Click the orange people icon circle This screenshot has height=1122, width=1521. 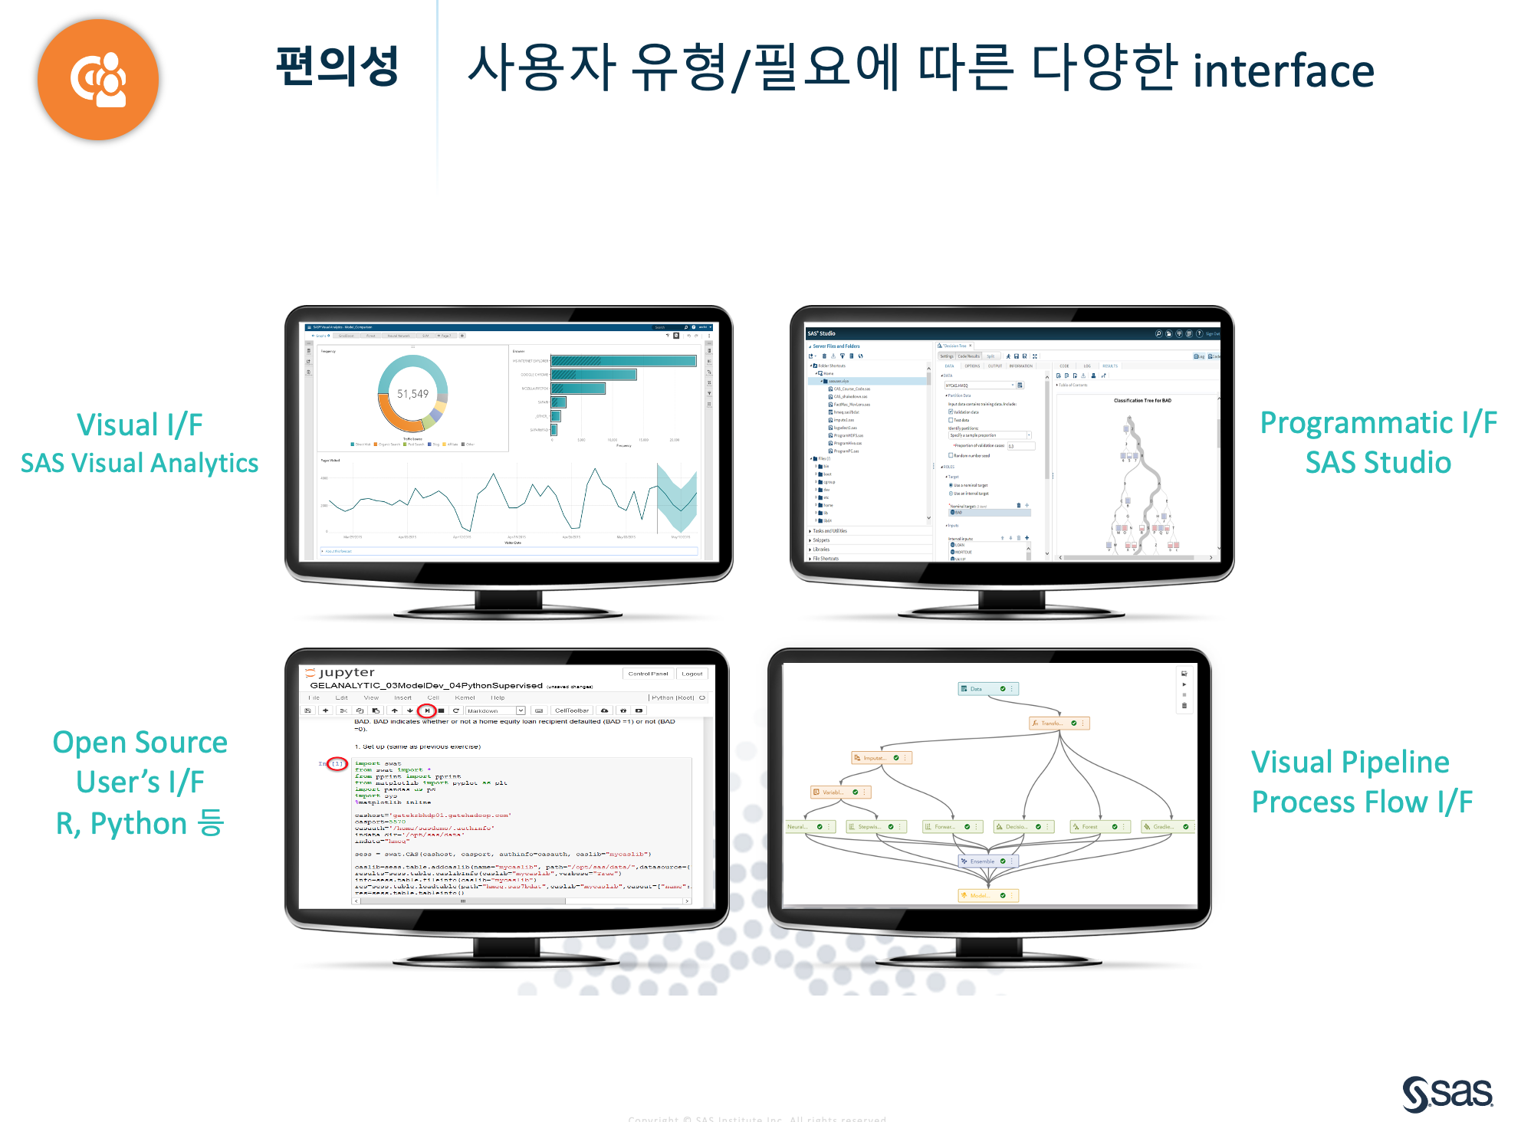pyautogui.click(x=98, y=80)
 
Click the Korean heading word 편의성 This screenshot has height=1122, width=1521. pyautogui.click(x=337, y=66)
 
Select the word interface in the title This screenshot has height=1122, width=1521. pyautogui.click(x=1283, y=71)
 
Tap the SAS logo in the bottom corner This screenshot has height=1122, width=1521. pyautogui.click(x=1447, y=1093)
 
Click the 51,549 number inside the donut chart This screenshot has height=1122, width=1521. pyautogui.click(x=412, y=394)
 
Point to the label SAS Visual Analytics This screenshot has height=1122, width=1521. pyautogui.click(x=140, y=463)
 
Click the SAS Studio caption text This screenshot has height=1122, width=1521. pyautogui.click(x=1378, y=463)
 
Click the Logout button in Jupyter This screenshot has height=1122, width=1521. pyautogui.click(x=692, y=674)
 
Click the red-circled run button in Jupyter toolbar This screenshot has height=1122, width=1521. pyautogui.click(x=427, y=710)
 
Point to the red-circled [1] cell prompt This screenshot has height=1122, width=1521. pyautogui.click(x=337, y=764)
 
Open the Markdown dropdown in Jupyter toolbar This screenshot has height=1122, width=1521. pyautogui.click(x=495, y=710)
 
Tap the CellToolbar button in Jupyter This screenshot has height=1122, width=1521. pyautogui.click(x=571, y=710)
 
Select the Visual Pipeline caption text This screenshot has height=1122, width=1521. pyautogui.click(x=1350, y=762)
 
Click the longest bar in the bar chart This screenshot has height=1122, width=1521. pyautogui.click(x=623, y=361)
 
